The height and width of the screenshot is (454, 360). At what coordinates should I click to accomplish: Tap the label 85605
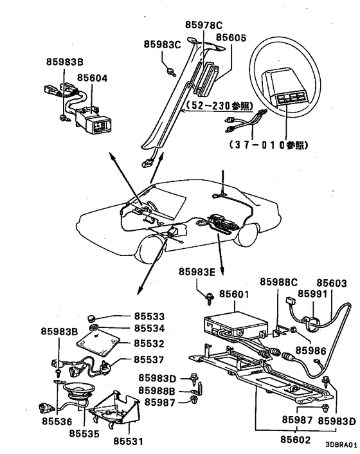pos(230,38)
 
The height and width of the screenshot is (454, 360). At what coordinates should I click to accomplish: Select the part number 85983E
pos(195,272)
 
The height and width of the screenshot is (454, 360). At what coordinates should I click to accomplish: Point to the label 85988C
pos(279,282)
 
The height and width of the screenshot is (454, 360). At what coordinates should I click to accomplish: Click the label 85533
pos(149,316)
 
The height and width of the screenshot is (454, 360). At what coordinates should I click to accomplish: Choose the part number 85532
pos(149,344)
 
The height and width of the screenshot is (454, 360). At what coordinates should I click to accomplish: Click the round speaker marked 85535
pos(78,392)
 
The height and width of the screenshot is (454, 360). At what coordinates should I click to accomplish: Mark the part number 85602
pos(295,440)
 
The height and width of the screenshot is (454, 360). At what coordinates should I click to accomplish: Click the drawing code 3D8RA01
pos(340,444)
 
